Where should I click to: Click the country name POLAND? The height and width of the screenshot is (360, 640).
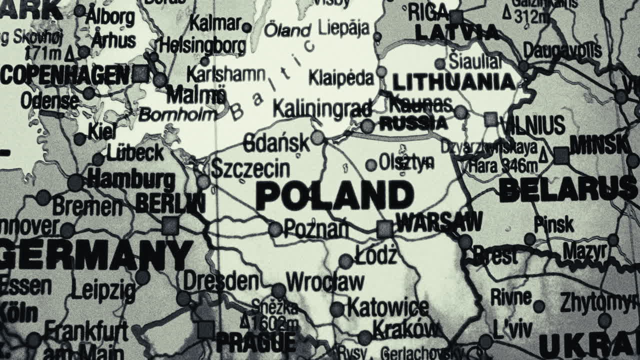(334, 196)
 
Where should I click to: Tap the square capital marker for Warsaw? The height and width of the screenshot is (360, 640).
(384, 229)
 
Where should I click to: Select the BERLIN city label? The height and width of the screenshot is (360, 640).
(170, 203)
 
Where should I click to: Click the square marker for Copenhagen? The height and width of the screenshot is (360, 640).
(140, 74)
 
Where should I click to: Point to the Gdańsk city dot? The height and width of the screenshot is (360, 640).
(317, 137)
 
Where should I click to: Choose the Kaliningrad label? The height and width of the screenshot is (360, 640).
(322, 108)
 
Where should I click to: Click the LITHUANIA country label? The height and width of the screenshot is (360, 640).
(453, 82)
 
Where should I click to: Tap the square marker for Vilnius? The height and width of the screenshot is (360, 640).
(491, 119)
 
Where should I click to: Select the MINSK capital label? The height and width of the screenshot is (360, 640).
(600, 145)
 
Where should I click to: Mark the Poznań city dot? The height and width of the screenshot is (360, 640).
(275, 229)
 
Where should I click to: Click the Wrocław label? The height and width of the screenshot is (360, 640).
(325, 282)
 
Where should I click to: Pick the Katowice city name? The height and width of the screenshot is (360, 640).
(388, 307)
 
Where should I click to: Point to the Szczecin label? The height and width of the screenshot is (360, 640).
(250, 168)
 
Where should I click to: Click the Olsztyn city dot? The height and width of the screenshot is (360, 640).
(371, 165)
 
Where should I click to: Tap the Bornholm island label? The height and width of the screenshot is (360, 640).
(177, 115)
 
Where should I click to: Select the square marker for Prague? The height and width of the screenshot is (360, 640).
(205, 329)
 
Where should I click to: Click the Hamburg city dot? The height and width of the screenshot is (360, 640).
(75, 182)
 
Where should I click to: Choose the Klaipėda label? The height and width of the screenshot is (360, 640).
(341, 78)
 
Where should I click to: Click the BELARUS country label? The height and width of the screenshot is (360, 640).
(567, 190)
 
